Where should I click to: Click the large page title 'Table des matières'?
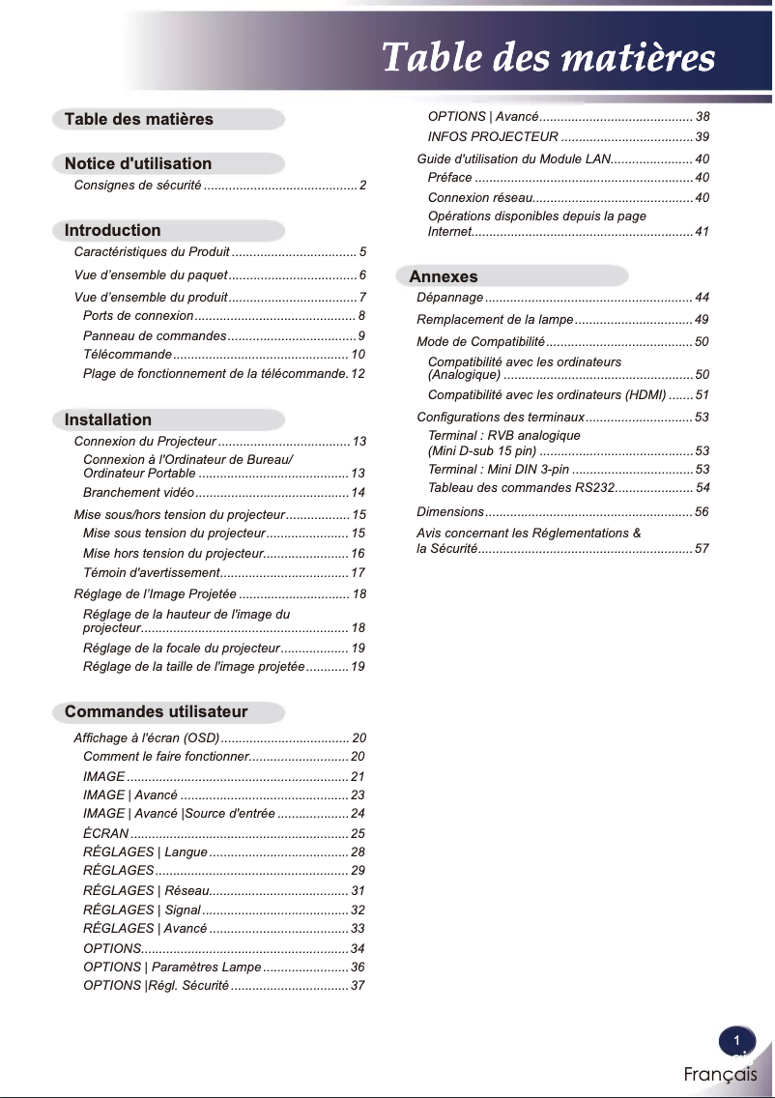(x=548, y=58)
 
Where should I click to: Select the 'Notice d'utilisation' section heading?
(x=138, y=163)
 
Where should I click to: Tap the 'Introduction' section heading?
(x=113, y=230)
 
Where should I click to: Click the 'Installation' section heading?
(x=108, y=419)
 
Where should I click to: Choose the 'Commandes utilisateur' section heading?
(x=157, y=712)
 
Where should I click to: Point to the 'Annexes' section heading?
(x=444, y=276)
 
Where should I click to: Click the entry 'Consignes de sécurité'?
(x=137, y=185)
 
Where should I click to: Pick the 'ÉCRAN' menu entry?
(x=105, y=833)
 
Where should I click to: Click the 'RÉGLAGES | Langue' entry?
(x=145, y=852)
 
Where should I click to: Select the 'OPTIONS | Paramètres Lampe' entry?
(x=172, y=968)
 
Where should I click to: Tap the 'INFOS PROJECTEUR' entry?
(x=493, y=137)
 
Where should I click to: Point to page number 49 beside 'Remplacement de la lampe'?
(x=702, y=320)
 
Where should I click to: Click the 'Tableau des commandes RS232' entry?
(x=522, y=488)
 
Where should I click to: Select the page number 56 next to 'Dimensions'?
(x=702, y=512)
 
